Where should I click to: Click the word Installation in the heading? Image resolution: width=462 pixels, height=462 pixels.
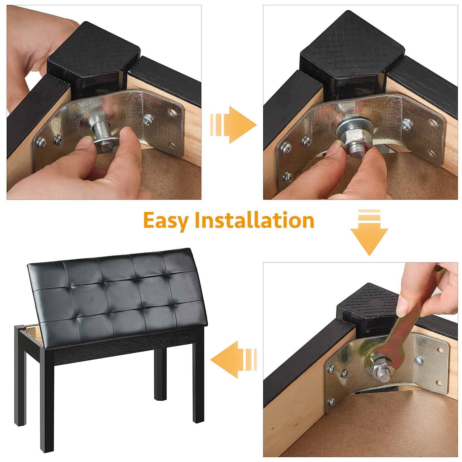point(254,221)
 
